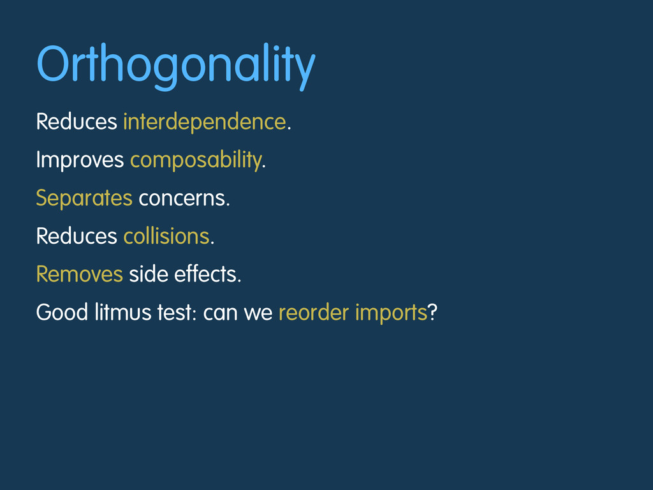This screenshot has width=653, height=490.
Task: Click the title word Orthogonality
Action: pos(176,66)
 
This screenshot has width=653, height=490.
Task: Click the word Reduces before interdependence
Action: pos(77,122)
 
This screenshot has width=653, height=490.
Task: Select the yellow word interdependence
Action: pos(205,122)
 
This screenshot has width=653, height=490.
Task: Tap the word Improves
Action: pos(80,160)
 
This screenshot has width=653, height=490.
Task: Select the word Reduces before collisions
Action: pos(77,236)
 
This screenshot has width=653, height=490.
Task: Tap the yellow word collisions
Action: pos(166,236)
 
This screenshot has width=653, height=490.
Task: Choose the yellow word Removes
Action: pos(80,274)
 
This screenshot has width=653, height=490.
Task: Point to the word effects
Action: pos(205,274)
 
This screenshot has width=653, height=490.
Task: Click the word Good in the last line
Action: pos(62,313)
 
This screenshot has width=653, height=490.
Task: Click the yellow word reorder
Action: pos(314,313)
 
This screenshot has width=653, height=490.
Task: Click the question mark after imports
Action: pos(432,312)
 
